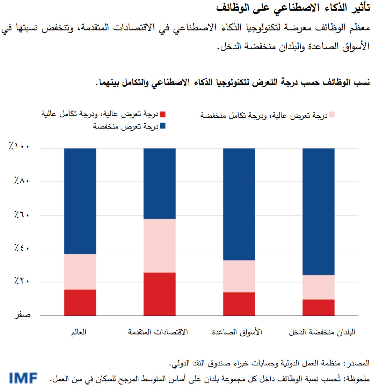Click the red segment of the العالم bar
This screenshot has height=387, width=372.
(80, 302)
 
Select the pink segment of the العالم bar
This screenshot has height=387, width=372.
(80, 272)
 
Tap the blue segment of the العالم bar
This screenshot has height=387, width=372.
(80, 201)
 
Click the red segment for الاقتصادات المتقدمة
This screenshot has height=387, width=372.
(160, 294)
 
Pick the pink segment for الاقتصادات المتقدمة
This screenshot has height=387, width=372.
(160, 246)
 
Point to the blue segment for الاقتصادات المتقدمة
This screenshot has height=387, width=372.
(160, 184)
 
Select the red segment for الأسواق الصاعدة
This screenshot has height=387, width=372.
(239, 304)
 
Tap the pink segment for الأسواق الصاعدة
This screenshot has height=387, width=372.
(239, 276)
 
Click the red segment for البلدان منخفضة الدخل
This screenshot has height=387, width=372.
(318, 307)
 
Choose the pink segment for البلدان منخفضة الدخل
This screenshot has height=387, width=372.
(318, 287)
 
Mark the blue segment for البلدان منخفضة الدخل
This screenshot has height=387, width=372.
(318, 212)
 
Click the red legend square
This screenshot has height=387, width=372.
(162, 114)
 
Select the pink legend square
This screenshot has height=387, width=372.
(332, 115)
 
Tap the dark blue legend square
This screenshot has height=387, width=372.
(162, 126)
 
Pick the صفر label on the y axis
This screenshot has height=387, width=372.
(22, 315)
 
